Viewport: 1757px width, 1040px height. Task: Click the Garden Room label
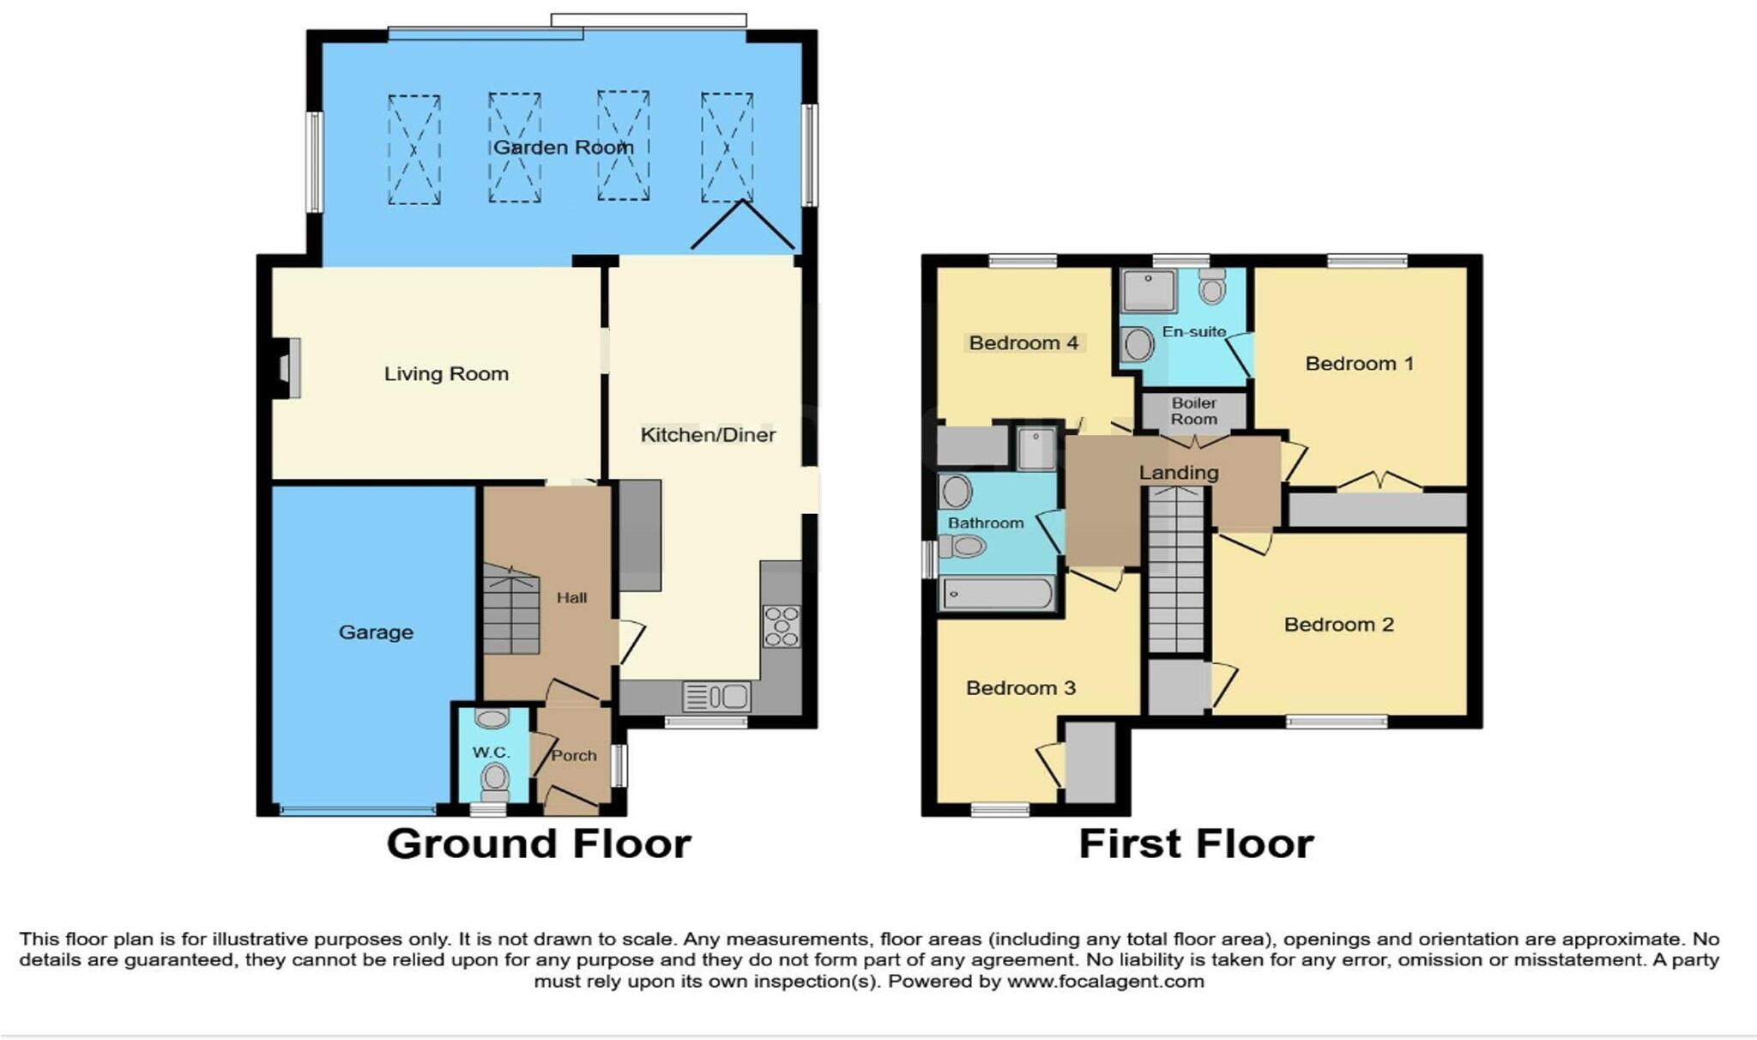[563, 148]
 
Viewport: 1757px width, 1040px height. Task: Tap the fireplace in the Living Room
[287, 368]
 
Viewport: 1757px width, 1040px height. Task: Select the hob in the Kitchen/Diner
[782, 626]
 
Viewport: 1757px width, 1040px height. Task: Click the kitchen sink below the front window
[716, 696]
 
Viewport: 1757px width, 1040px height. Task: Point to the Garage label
[376, 632]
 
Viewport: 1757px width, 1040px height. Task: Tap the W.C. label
[491, 753]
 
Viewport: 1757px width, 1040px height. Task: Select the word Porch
[573, 755]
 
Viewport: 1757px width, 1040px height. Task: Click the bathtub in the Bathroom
[997, 593]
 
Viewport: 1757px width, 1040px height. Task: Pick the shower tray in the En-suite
[1148, 291]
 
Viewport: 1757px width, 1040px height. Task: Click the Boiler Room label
[1193, 411]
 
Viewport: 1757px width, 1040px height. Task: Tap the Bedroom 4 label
[1023, 343]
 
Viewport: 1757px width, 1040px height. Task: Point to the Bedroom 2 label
[1338, 625]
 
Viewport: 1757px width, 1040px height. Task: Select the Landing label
[1178, 473]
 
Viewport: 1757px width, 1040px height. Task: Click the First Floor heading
[1196, 843]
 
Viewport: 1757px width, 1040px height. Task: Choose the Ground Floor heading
[539, 843]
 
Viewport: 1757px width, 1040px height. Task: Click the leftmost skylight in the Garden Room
[414, 149]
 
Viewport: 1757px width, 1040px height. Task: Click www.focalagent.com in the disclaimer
[1105, 981]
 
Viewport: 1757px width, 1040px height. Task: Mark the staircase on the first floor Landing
[1176, 571]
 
